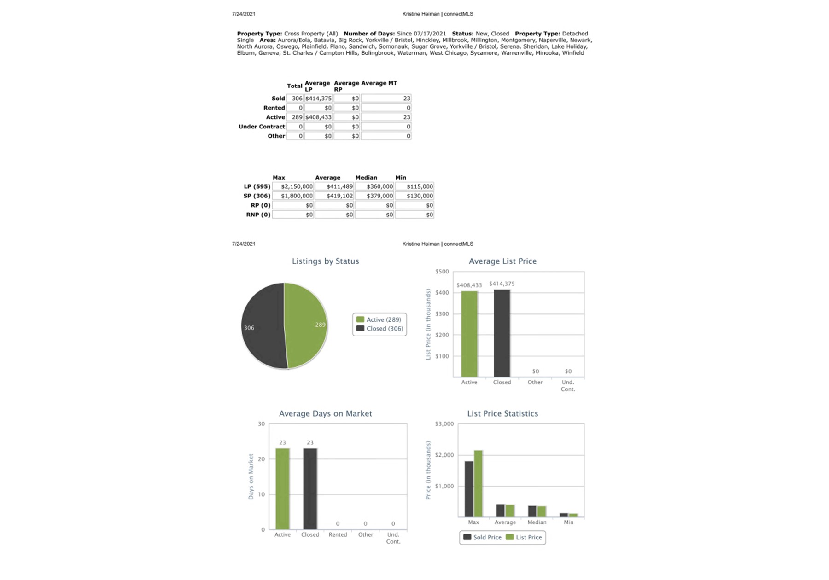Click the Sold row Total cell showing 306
(295, 99)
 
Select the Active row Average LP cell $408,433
(318, 117)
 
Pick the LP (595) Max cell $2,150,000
(293, 186)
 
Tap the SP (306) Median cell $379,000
(374, 196)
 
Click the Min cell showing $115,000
(414, 186)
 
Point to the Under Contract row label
(262, 127)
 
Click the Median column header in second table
(366, 178)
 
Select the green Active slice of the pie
(306, 325)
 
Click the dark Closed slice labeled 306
(263, 327)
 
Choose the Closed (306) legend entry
(380, 329)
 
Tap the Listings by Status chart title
(325, 261)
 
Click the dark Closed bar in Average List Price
(502, 334)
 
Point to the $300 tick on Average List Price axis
(442, 314)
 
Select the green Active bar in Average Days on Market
(282, 489)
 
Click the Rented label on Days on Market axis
(338, 535)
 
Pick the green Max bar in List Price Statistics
(478, 483)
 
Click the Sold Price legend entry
(482, 538)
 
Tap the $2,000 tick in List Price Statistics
(444, 455)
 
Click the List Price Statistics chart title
(502, 414)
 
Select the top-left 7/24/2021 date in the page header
(244, 14)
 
